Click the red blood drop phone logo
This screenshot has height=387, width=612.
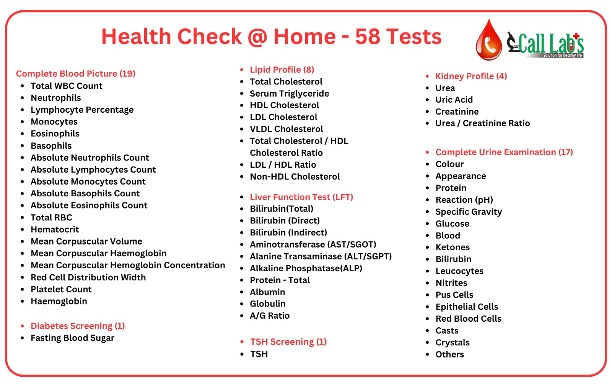tap(488, 41)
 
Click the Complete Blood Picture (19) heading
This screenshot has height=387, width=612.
tap(76, 74)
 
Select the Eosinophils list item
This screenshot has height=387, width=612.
tap(55, 134)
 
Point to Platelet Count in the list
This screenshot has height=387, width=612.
tap(61, 289)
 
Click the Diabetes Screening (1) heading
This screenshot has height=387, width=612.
tap(78, 326)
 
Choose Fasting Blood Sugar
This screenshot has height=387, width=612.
tap(72, 338)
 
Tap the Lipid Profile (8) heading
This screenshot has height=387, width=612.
tap(282, 70)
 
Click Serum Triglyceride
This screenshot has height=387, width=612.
tap(289, 94)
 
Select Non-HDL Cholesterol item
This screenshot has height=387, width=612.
tap(295, 176)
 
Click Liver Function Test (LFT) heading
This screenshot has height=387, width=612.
tap(301, 197)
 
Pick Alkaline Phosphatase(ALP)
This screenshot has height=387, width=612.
tap(306, 268)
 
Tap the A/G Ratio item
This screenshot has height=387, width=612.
tap(270, 316)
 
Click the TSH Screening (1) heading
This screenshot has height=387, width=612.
tap(288, 342)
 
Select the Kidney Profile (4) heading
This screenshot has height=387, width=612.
tap(471, 76)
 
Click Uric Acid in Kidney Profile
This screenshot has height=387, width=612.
tap(454, 100)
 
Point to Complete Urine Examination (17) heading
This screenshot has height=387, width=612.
tap(504, 152)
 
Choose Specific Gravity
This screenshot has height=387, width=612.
tap(469, 212)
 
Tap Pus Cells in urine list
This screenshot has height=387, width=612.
tap(454, 295)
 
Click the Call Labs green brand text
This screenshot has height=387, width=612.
tap(551, 44)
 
